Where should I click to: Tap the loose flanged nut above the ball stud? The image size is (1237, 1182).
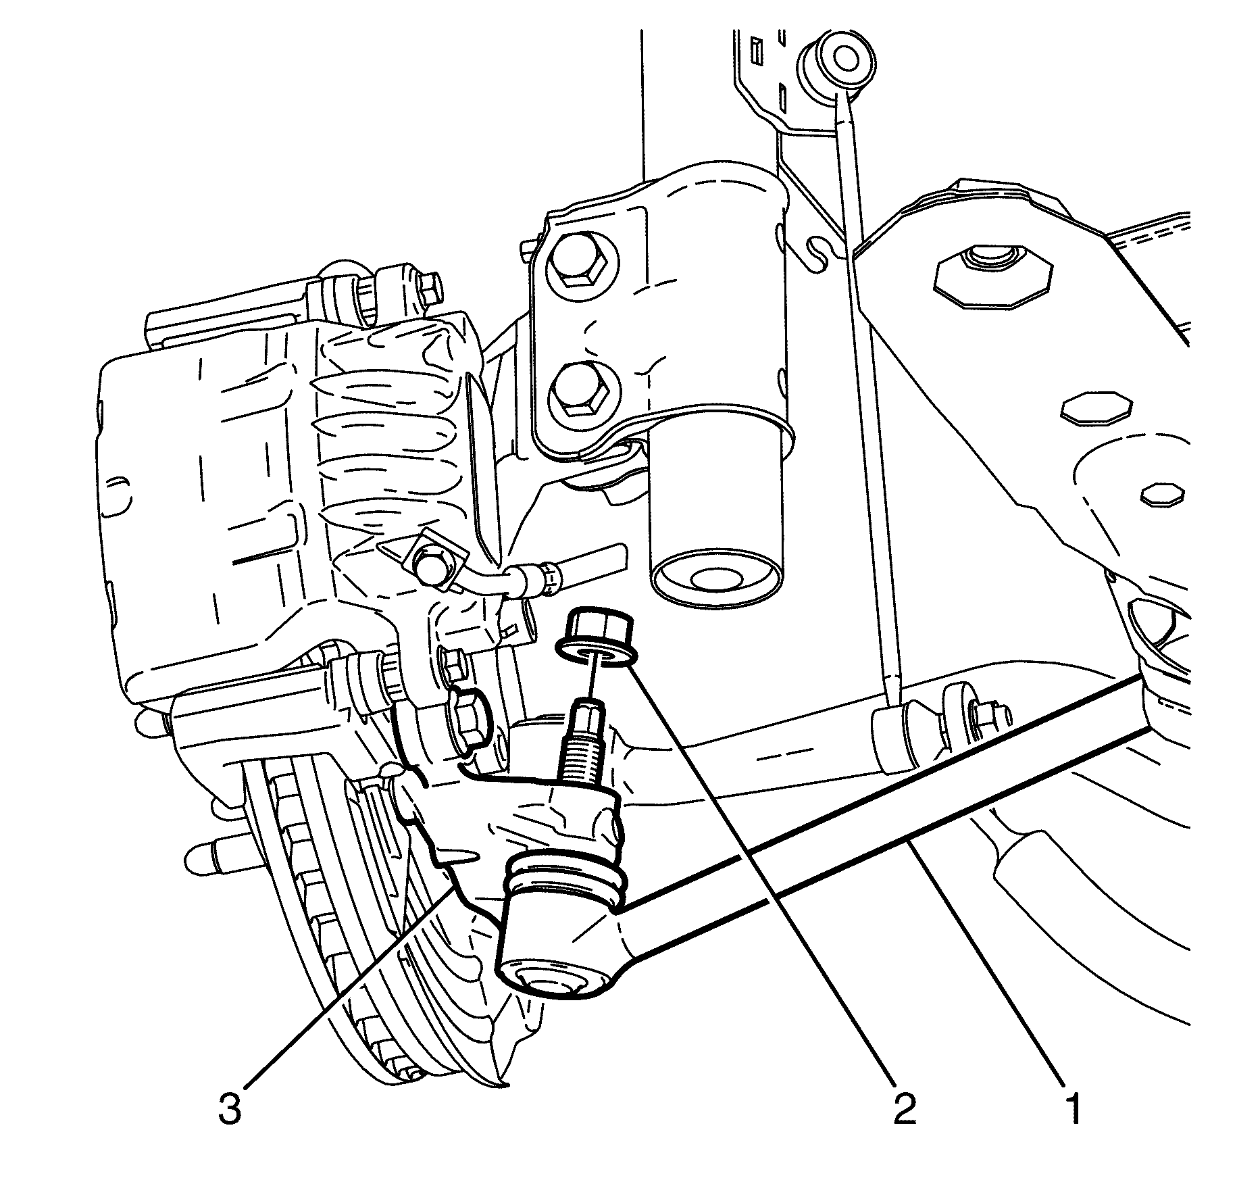pos(595,639)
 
